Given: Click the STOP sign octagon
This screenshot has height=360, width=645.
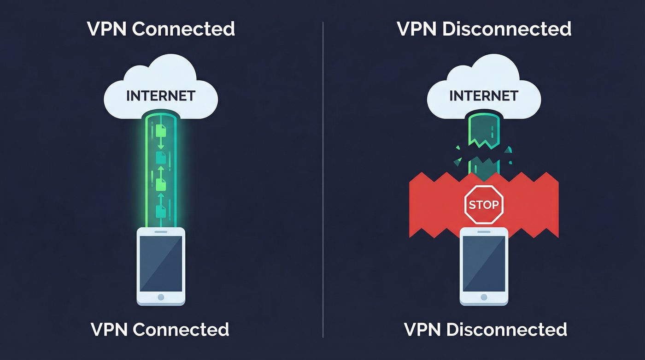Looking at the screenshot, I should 483,204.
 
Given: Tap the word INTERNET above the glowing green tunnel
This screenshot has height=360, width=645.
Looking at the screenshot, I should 161,96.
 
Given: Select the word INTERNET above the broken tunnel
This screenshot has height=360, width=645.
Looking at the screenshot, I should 484,96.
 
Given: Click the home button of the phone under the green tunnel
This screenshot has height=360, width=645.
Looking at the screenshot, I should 161,297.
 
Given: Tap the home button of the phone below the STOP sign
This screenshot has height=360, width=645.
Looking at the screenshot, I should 484,297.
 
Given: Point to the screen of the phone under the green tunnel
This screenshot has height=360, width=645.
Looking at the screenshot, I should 161,263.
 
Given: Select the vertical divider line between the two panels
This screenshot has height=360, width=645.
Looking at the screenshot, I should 323,180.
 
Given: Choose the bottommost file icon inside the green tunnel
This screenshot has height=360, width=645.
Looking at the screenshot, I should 161,212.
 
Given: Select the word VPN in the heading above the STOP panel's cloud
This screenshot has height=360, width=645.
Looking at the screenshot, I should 416,29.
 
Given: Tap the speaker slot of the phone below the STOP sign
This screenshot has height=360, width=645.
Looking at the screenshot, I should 484,231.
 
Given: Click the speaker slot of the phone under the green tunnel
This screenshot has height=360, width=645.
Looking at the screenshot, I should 161,231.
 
